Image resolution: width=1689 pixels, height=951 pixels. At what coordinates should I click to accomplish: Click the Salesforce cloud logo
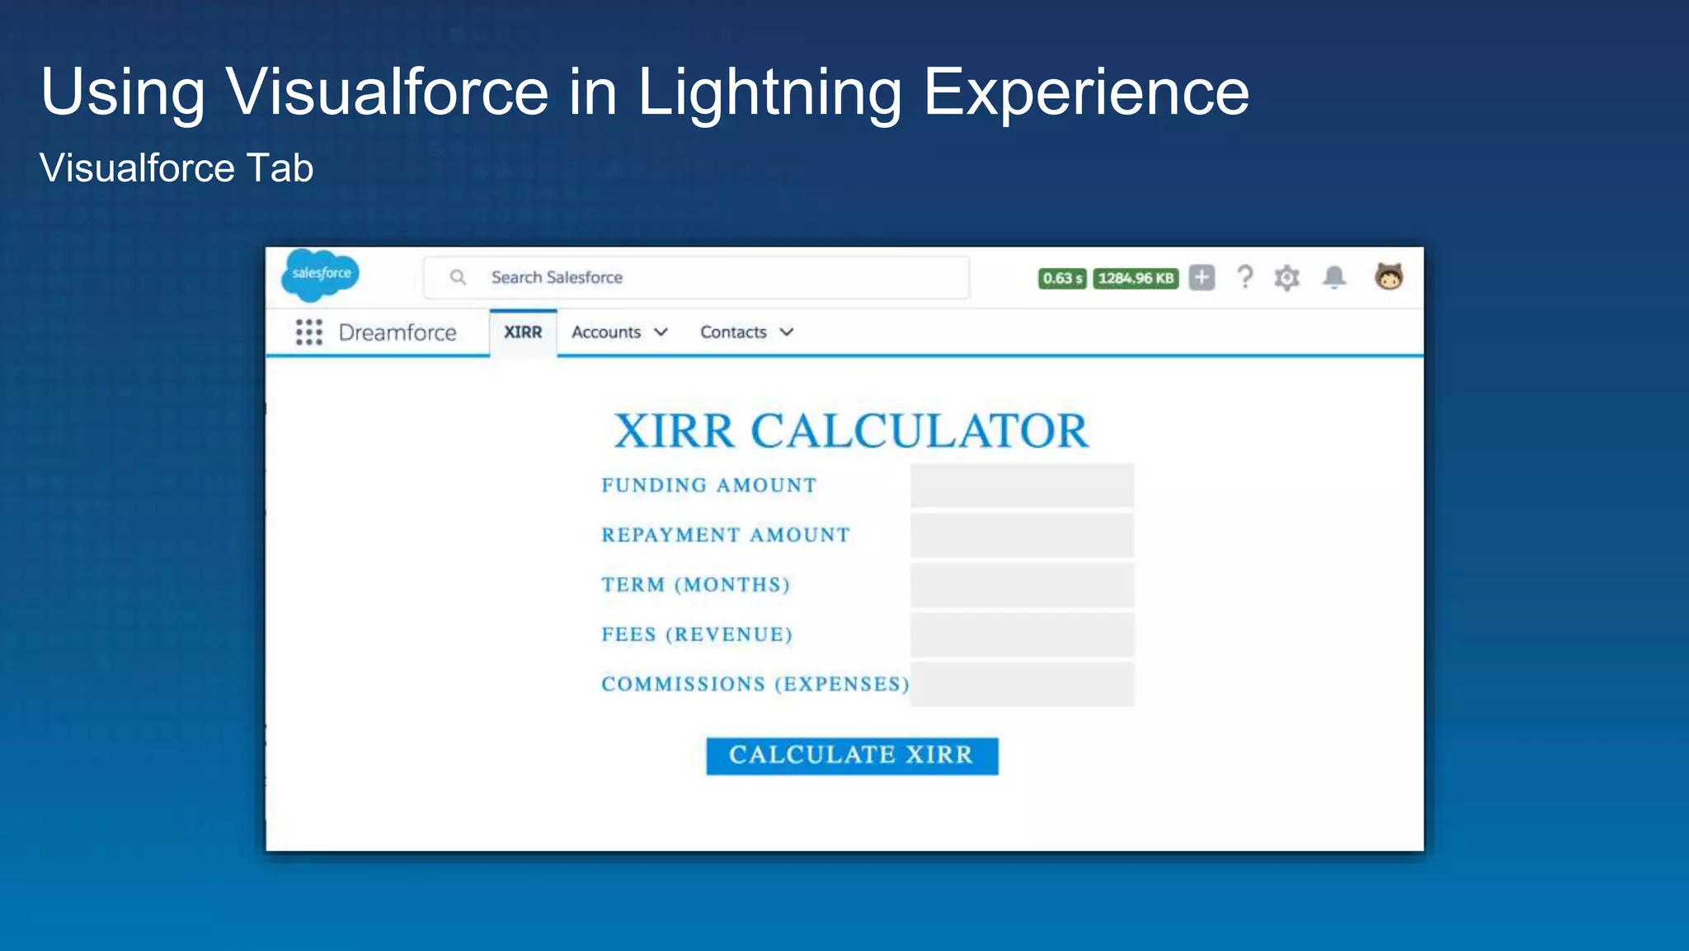[321, 274]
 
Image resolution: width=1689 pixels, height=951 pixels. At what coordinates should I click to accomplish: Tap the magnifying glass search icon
[458, 278]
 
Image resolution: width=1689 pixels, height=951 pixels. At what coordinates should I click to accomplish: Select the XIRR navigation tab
[523, 332]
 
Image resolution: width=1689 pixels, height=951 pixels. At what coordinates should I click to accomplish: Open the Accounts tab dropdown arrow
[661, 332]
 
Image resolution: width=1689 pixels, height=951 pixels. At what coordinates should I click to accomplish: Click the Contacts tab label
[733, 332]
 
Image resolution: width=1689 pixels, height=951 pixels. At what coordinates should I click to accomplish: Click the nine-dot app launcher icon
[308, 332]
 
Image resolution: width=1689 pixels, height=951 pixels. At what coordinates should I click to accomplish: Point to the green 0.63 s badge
[1061, 279]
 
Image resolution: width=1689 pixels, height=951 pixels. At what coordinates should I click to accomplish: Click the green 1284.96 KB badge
[1136, 279]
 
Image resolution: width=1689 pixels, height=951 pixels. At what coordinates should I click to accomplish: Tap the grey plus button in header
[1202, 278]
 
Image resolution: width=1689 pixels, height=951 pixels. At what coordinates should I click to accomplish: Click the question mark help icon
[1244, 277]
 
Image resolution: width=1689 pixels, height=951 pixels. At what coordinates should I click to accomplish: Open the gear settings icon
[1287, 278]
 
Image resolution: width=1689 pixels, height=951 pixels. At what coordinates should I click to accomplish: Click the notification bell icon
[1334, 277]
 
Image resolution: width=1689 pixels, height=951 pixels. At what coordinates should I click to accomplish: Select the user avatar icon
[1389, 277]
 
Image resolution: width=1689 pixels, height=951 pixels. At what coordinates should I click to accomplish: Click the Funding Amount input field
[1022, 486]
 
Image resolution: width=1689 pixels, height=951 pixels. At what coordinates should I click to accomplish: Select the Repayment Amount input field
[1022, 535]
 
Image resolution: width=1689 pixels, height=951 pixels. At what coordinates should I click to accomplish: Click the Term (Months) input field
[1022, 585]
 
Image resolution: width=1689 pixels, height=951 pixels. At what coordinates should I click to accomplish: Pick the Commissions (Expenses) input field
[1022, 685]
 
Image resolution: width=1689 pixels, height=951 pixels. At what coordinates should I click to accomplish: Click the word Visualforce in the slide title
[388, 92]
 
